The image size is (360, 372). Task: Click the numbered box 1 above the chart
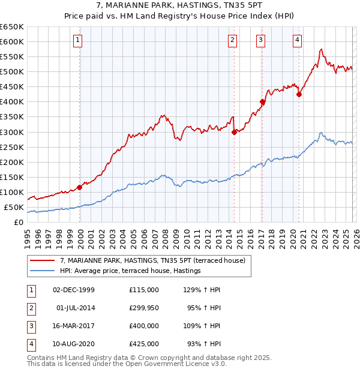79,41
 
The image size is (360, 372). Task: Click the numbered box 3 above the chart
262,41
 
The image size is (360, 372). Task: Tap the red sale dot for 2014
234,132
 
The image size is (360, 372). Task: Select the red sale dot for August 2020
299,94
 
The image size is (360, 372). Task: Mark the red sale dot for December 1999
79,187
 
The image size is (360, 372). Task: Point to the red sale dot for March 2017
262,102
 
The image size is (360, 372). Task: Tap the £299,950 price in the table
143,308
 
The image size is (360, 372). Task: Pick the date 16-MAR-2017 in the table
74,326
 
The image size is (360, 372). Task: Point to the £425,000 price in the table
143,345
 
